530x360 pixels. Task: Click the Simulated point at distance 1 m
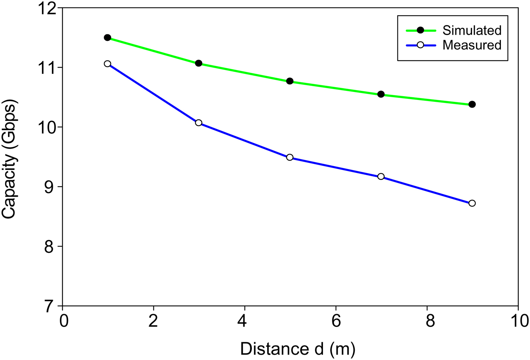(108, 37)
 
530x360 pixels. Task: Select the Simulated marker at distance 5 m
(290, 81)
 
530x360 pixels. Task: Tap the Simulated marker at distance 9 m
(472, 104)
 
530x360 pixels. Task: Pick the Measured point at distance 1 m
(108, 64)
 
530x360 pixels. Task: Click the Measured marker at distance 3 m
(198, 123)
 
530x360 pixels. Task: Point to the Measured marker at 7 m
(381, 176)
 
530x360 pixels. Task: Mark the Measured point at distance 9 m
(472, 203)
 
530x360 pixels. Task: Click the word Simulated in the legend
(472, 30)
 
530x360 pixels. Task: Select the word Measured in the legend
(472, 45)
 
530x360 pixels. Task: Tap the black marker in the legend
(420, 30)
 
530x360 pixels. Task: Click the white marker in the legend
(420, 45)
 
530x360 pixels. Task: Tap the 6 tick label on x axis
(336, 321)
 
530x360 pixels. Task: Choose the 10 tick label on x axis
(518, 321)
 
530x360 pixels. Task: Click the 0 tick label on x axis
(63, 321)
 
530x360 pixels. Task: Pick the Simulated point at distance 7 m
(381, 94)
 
